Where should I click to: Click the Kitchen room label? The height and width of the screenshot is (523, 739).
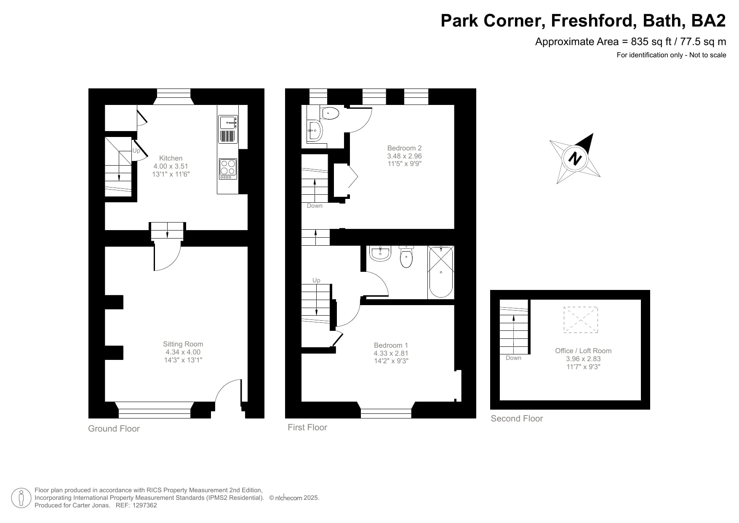coord(171,158)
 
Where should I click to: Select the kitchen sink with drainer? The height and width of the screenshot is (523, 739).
coord(228,129)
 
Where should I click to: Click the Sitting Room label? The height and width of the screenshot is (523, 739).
coord(183,344)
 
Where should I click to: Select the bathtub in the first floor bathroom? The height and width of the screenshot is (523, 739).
coord(441,272)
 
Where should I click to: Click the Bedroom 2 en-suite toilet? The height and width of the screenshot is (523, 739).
coord(330,113)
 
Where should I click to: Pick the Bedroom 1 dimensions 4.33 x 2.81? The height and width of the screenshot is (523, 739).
coord(391,353)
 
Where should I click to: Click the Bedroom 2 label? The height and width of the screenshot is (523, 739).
coord(404,148)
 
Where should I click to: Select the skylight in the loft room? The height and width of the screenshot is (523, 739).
coord(581,320)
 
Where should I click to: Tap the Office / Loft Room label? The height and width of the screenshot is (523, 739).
coord(583,351)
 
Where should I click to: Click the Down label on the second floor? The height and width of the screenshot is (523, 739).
coord(513,358)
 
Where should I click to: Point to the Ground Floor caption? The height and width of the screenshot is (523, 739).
coord(114,429)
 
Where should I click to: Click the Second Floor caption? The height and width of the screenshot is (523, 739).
coord(517,418)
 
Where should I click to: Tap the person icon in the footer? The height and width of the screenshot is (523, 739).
coord(21,498)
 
